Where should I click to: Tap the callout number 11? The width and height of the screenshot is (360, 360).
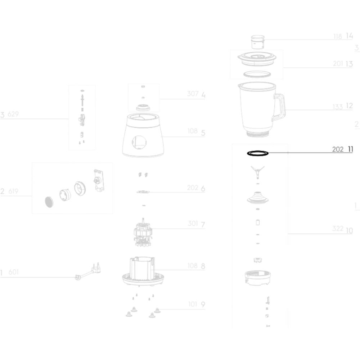350,149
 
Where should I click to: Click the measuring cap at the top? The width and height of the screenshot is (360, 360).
258,42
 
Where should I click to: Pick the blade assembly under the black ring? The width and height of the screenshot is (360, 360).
258,172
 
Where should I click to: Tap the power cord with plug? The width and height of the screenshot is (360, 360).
88,272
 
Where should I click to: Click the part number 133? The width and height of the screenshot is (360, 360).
338,107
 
